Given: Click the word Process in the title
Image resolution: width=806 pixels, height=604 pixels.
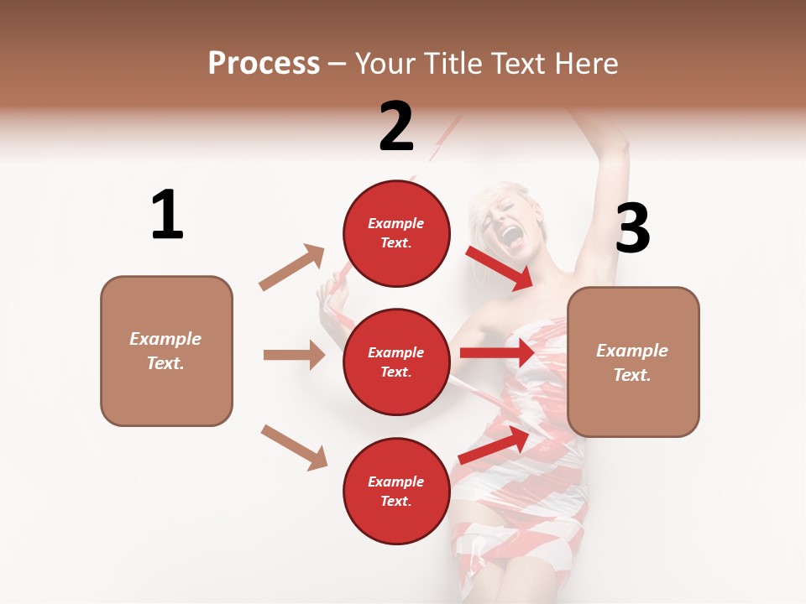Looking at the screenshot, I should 264,64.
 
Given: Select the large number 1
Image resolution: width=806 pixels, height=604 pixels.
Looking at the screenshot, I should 167,216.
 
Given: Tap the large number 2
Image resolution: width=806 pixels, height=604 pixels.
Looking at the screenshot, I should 396,127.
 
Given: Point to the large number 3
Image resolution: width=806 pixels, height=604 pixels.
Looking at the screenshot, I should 632,228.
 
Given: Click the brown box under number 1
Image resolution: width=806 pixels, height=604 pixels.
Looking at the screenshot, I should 166,351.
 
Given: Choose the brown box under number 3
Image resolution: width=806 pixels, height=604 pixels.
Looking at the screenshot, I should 633,362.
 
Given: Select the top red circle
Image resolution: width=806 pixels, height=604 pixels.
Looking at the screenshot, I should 396,232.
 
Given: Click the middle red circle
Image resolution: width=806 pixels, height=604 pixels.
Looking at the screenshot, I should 396,362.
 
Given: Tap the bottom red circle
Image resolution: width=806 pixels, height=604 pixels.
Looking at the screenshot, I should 396,491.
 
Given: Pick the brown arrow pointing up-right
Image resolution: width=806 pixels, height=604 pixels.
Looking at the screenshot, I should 292,268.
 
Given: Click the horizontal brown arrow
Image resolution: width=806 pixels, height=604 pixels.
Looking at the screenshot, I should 294,355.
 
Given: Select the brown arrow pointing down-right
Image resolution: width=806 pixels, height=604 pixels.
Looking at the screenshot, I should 294,446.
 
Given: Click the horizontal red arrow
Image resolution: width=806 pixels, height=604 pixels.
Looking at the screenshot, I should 498,353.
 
